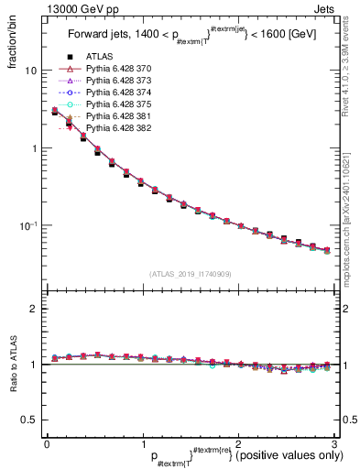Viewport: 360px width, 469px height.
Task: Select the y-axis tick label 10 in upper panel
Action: [30, 71]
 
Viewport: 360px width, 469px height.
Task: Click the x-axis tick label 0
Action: [48, 444]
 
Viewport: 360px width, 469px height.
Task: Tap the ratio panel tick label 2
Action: [34, 309]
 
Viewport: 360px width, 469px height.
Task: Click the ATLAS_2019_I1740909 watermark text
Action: [190, 273]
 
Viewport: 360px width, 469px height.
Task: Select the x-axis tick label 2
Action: [238, 444]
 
